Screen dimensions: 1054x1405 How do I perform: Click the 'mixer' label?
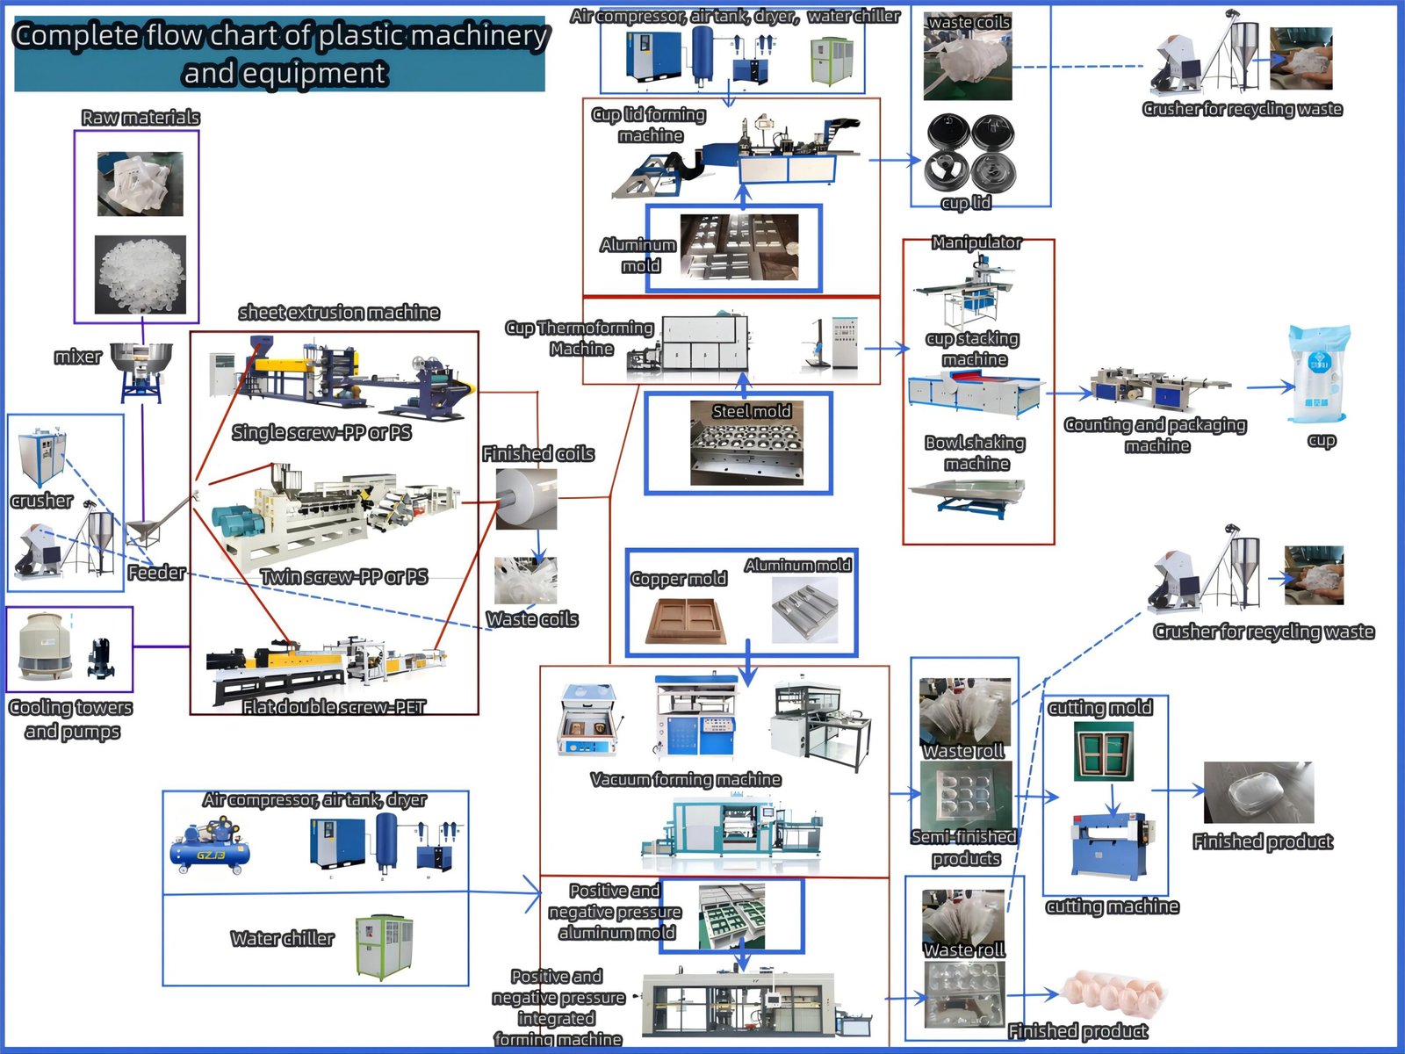tap(77, 357)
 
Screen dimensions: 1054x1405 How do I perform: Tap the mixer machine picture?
tap(141, 370)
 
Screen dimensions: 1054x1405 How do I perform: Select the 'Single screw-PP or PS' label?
tap(321, 432)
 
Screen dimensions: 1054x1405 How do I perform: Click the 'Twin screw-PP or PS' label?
tap(344, 577)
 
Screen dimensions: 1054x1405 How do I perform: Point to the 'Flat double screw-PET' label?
tap(335, 707)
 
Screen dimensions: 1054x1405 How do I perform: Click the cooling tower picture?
tap(40, 647)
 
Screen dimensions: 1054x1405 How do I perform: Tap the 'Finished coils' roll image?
tap(526, 498)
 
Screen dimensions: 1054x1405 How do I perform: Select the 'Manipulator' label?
tap(976, 242)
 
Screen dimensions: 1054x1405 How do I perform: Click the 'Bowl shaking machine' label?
tap(976, 453)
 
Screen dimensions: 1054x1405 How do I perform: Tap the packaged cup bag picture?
tap(1319, 375)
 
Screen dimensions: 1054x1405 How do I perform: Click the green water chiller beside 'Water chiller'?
tap(384, 947)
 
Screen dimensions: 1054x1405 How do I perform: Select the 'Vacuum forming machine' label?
tap(686, 780)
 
